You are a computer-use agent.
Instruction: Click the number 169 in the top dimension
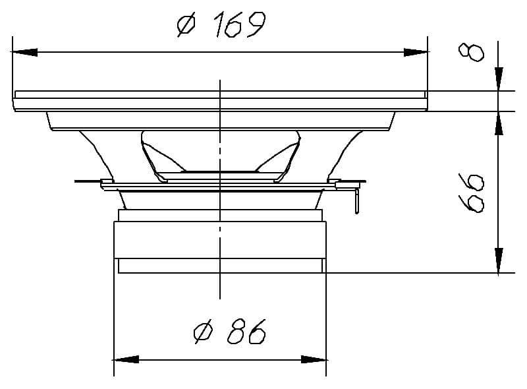pyautogui.click(x=238, y=26)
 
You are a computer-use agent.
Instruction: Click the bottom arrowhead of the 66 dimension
pyautogui.click(x=499, y=260)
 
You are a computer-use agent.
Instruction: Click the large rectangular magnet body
pyautogui.click(x=220, y=239)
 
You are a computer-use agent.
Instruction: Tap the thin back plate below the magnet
pyautogui.click(x=220, y=266)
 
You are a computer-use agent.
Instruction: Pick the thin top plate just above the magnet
pyautogui.click(x=220, y=215)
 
